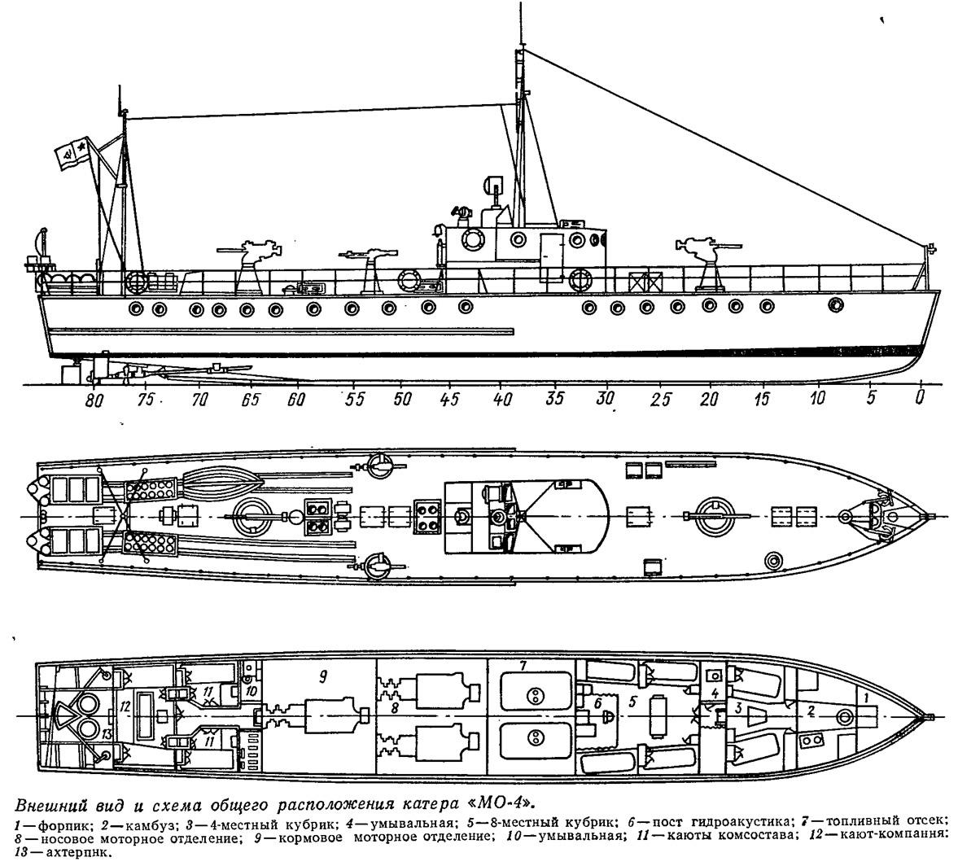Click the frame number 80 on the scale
coord(94,400)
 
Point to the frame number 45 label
coord(449,399)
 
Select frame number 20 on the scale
coord(709,399)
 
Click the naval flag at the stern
coord(72,153)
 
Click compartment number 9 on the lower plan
coord(323,676)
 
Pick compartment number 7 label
coord(523,666)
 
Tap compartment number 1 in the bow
coord(865,696)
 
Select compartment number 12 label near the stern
coord(125,706)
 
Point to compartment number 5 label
coord(632,703)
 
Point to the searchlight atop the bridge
coord(493,186)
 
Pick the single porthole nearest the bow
coord(834,304)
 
